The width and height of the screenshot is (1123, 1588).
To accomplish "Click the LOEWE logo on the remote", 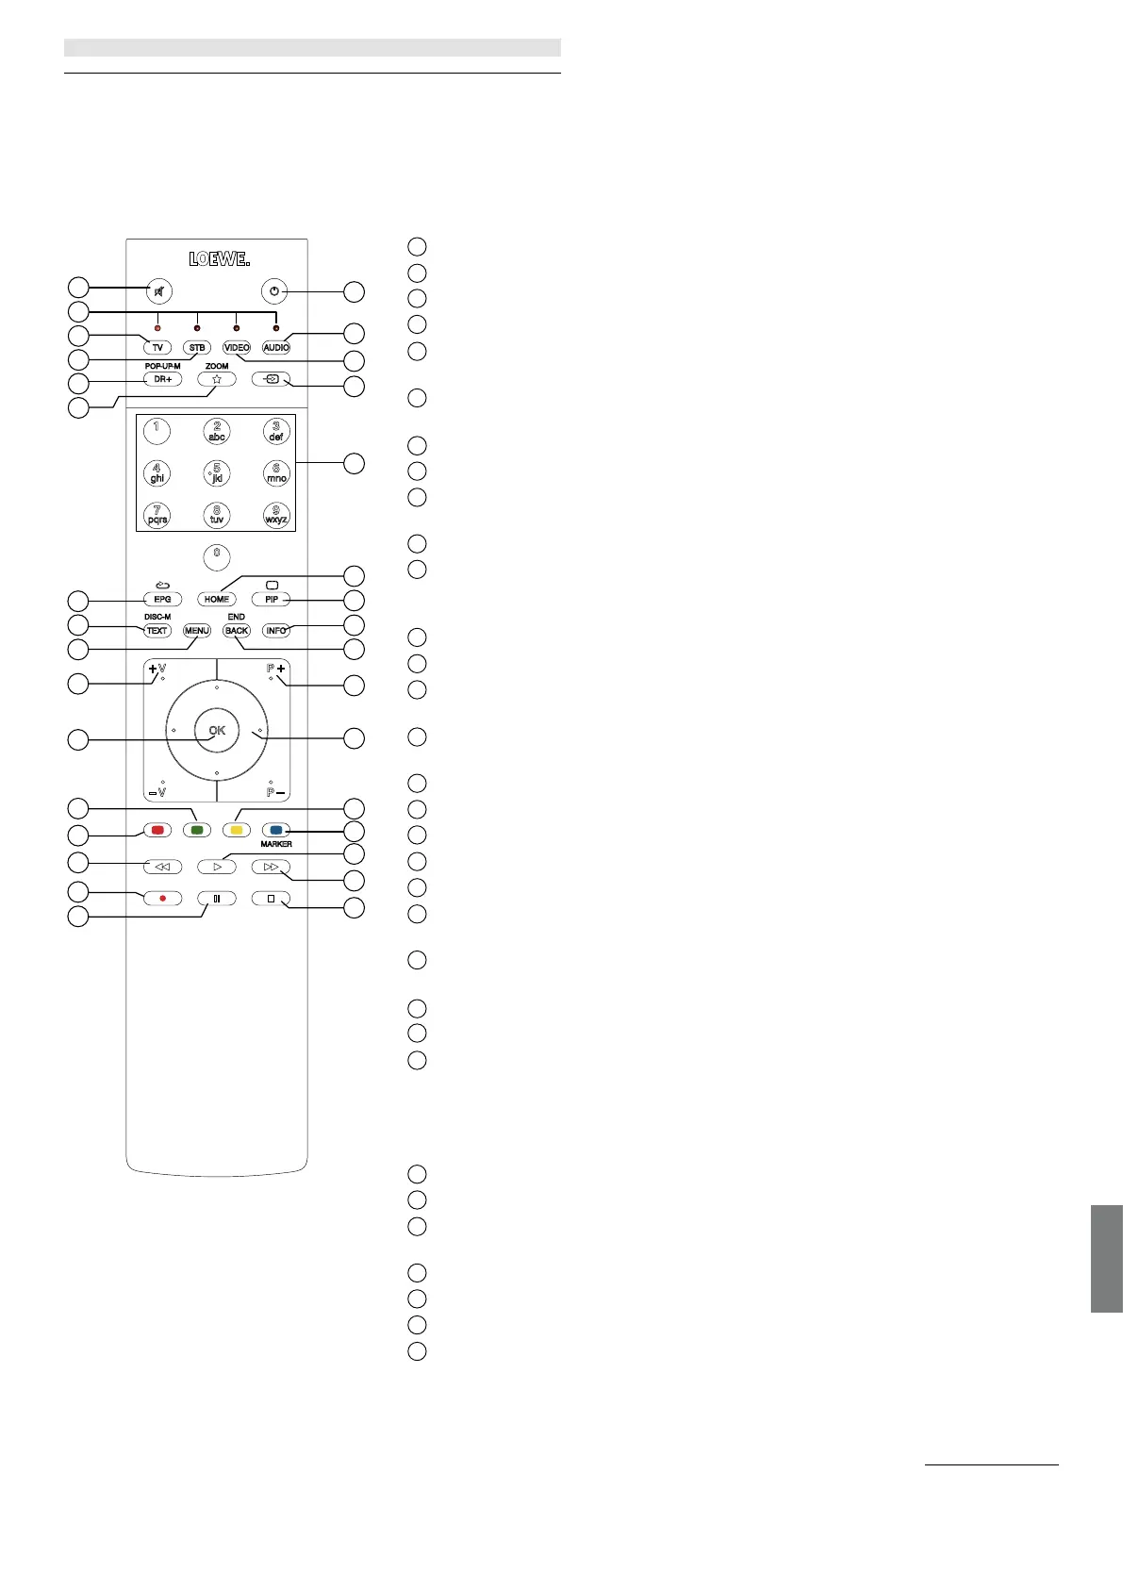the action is pyautogui.click(x=219, y=259).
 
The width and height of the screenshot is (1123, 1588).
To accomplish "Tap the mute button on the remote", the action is pyautogui.click(x=160, y=291).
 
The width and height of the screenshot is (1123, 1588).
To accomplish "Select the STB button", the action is pyautogui.click(x=196, y=348).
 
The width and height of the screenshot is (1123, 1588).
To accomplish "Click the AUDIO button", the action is pyautogui.click(x=276, y=348).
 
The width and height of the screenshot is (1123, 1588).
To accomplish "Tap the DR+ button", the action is pyautogui.click(x=162, y=379).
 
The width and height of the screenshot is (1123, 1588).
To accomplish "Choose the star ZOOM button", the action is pyautogui.click(x=217, y=379).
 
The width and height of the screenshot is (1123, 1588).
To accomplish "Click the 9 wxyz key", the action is pyautogui.click(x=276, y=515).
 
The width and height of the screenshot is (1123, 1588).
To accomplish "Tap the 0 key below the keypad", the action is pyautogui.click(x=217, y=555).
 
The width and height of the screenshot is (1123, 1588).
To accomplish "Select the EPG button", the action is pyautogui.click(x=162, y=599).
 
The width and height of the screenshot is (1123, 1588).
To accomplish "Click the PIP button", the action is pyautogui.click(x=272, y=599).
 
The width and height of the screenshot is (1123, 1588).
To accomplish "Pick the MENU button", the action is pyautogui.click(x=196, y=631).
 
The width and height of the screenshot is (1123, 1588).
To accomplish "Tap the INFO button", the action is pyautogui.click(x=276, y=631).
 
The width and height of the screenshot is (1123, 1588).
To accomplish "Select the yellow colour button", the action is pyautogui.click(x=237, y=831).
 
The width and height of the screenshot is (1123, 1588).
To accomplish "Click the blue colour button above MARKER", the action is pyautogui.click(x=276, y=831).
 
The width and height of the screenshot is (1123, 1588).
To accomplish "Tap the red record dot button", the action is pyautogui.click(x=162, y=899).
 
